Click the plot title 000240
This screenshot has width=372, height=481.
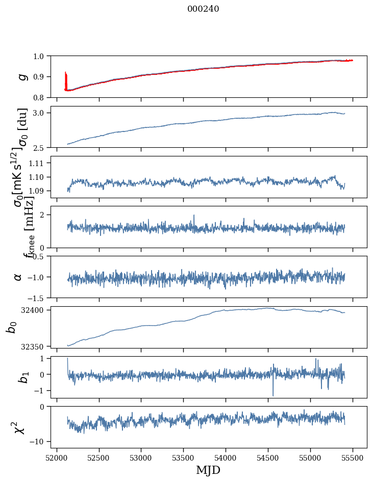pyautogui.click(x=203, y=9)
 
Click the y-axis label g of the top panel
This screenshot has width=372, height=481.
pyautogui.click(x=22, y=76)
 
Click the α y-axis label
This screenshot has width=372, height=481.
pyautogui.click(x=18, y=277)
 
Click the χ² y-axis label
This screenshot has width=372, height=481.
pyautogui.click(x=19, y=427)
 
